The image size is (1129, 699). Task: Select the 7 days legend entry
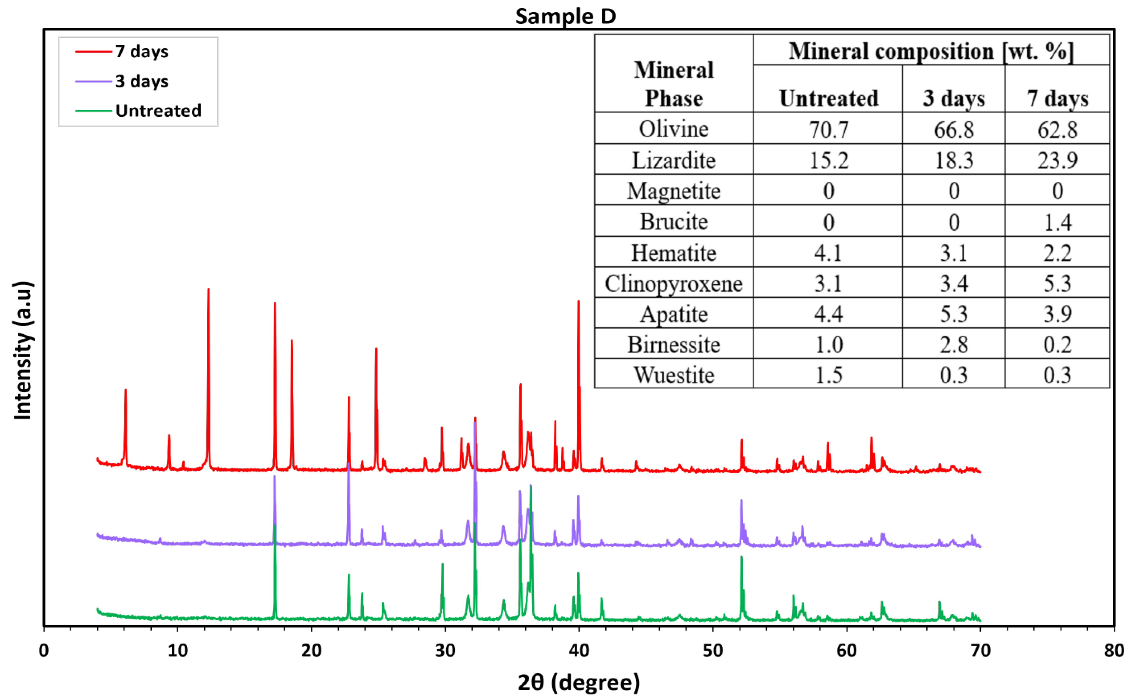[x=142, y=51]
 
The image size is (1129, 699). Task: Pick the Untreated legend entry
[x=158, y=111]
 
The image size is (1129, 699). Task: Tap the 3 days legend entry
[x=142, y=81]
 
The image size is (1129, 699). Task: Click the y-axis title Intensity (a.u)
[x=22, y=350]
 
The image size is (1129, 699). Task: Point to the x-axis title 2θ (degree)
[x=579, y=682]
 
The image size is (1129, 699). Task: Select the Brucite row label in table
[x=673, y=222]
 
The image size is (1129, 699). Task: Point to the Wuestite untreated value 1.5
[x=828, y=375]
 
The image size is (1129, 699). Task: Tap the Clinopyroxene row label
[x=673, y=283]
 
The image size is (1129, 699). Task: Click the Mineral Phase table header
[x=673, y=84]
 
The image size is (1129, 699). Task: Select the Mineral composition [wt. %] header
[x=931, y=51]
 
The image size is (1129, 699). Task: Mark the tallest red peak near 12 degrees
[x=208, y=290]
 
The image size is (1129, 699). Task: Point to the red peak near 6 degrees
[x=125, y=391]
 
